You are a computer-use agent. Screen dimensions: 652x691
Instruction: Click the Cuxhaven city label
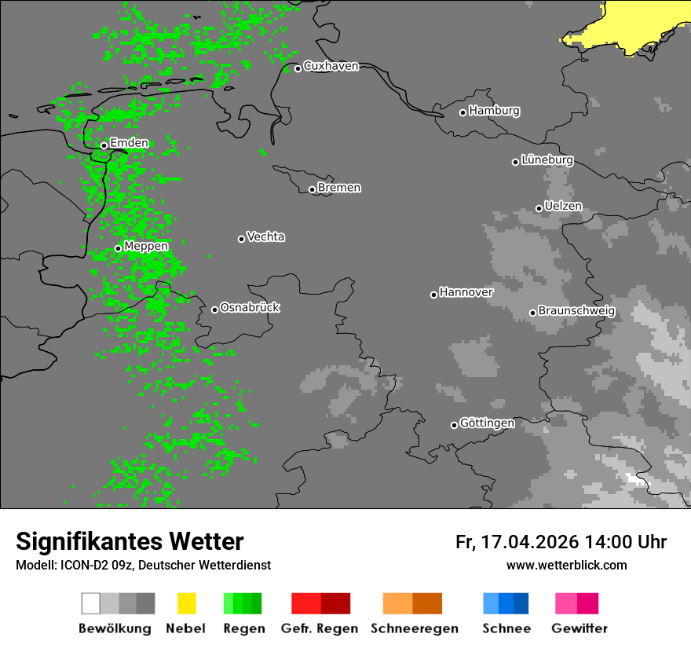331,66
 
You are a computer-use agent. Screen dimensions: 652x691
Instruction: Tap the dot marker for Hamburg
462,112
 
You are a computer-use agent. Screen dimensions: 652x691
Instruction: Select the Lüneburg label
547,160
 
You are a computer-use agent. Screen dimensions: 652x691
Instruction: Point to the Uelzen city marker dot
539,208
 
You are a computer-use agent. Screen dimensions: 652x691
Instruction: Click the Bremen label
339,188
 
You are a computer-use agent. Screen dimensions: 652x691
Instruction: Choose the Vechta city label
265,236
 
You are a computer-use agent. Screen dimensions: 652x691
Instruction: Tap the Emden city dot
104,145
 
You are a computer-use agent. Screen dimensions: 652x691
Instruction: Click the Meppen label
146,247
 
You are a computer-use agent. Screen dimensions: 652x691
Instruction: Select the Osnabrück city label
250,308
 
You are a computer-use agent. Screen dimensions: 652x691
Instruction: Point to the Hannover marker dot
433,295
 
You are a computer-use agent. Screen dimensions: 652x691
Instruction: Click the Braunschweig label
576,311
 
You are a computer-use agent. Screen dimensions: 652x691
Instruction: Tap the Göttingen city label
487,423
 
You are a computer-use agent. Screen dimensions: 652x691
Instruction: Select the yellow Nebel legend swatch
187,603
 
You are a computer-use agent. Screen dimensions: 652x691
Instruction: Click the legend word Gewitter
579,629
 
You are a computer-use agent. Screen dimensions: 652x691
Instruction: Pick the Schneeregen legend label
415,629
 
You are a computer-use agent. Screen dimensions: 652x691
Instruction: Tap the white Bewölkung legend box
91,603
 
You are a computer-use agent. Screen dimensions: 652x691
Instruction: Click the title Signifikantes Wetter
130,541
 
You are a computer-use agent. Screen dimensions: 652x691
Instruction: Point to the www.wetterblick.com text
566,565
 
